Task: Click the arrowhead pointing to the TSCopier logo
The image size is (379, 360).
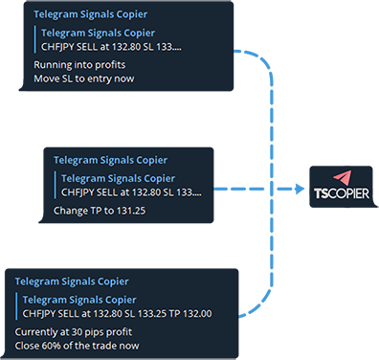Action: click(301, 189)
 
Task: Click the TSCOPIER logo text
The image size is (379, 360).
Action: click(342, 193)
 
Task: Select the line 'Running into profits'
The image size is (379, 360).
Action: click(79, 65)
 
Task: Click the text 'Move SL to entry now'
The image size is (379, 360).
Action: click(84, 79)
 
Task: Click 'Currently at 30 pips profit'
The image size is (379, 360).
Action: click(74, 332)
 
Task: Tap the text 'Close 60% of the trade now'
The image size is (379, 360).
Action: click(78, 346)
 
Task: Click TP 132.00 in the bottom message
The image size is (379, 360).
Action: click(190, 314)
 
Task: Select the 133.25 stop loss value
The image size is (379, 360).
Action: click(151, 314)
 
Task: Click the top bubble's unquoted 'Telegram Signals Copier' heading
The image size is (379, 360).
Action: click(91, 14)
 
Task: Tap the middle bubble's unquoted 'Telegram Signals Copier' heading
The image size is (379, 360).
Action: click(110, 160)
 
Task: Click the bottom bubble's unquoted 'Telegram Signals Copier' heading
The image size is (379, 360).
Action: click(72, 281)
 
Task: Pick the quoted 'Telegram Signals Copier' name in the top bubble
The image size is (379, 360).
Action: click(99, 33)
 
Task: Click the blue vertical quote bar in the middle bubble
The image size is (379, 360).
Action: click(56, 185)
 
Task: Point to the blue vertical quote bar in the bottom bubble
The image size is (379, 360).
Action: click(16, 306)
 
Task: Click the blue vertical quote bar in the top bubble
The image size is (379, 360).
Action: click(35, 39)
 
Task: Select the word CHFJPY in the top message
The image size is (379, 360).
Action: click(57, 47)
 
